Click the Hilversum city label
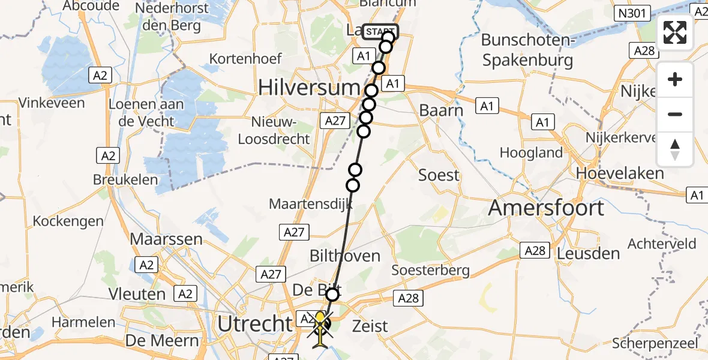click(308, 88)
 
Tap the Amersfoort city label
click(546, 208)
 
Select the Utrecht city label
click(254, 325)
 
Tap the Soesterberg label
click(431, 270)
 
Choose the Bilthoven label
click(344, 256)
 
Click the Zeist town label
click(371, 326)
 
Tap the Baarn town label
click(441, 111)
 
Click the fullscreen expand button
click(675, 33)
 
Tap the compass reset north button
click(675, 149)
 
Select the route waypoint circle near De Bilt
click(332, 294)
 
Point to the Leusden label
click(588, 253)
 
